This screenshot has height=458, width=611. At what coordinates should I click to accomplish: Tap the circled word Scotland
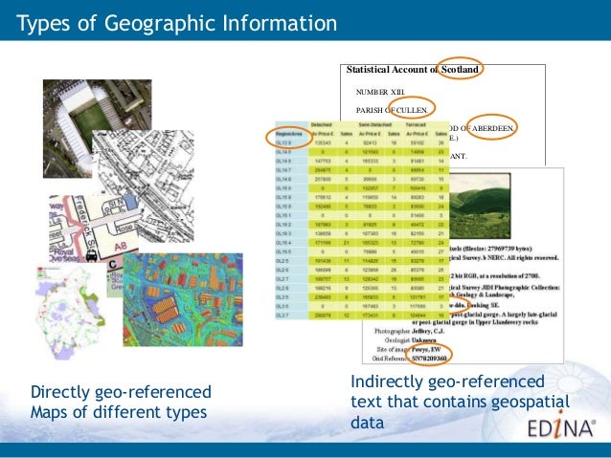[461, 70]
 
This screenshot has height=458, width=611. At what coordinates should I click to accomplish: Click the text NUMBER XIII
[380, 91]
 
